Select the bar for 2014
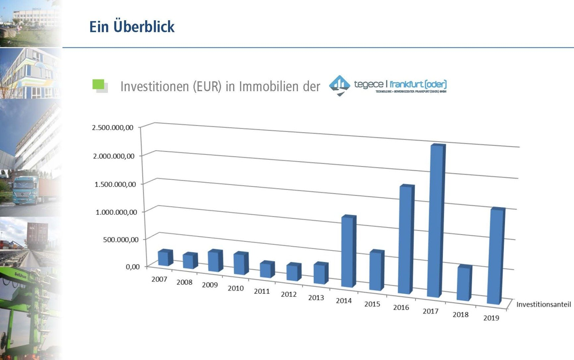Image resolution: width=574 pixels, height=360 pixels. (348, 251)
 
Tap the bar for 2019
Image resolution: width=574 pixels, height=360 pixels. (495, 256)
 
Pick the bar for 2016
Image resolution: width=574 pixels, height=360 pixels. (406, 239)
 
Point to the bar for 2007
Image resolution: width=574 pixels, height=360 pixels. (164, 258)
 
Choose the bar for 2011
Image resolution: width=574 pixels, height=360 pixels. (266, 269)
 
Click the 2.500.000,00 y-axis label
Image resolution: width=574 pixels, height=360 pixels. (113, 128)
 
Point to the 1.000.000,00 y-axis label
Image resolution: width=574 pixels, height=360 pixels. (116, 212)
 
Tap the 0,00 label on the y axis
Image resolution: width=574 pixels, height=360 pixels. (133, 267)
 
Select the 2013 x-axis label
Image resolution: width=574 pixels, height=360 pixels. (316, 298)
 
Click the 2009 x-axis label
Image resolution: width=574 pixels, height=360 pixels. (210, 285)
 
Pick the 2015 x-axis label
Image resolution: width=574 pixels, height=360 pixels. (372, 304)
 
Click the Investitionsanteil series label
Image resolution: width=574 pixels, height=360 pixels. (544, 304)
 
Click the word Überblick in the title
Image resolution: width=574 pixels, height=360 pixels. (144, 27)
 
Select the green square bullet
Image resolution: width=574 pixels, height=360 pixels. (98, 85)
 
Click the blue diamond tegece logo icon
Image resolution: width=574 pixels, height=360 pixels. (339, 85)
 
